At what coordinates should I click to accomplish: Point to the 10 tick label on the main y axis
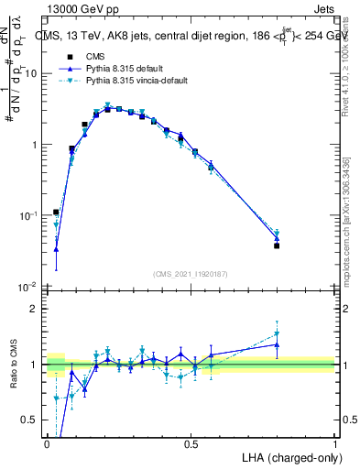tap(32, 73)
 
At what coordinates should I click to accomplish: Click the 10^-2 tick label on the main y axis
tap(29, 287)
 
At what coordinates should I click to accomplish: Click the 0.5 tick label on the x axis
tap(191, 443)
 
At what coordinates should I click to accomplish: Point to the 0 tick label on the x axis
tap(47, 443)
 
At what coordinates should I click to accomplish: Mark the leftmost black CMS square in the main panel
tap(56, 212)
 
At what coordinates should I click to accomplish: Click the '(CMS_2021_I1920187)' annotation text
tap(190, 274)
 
